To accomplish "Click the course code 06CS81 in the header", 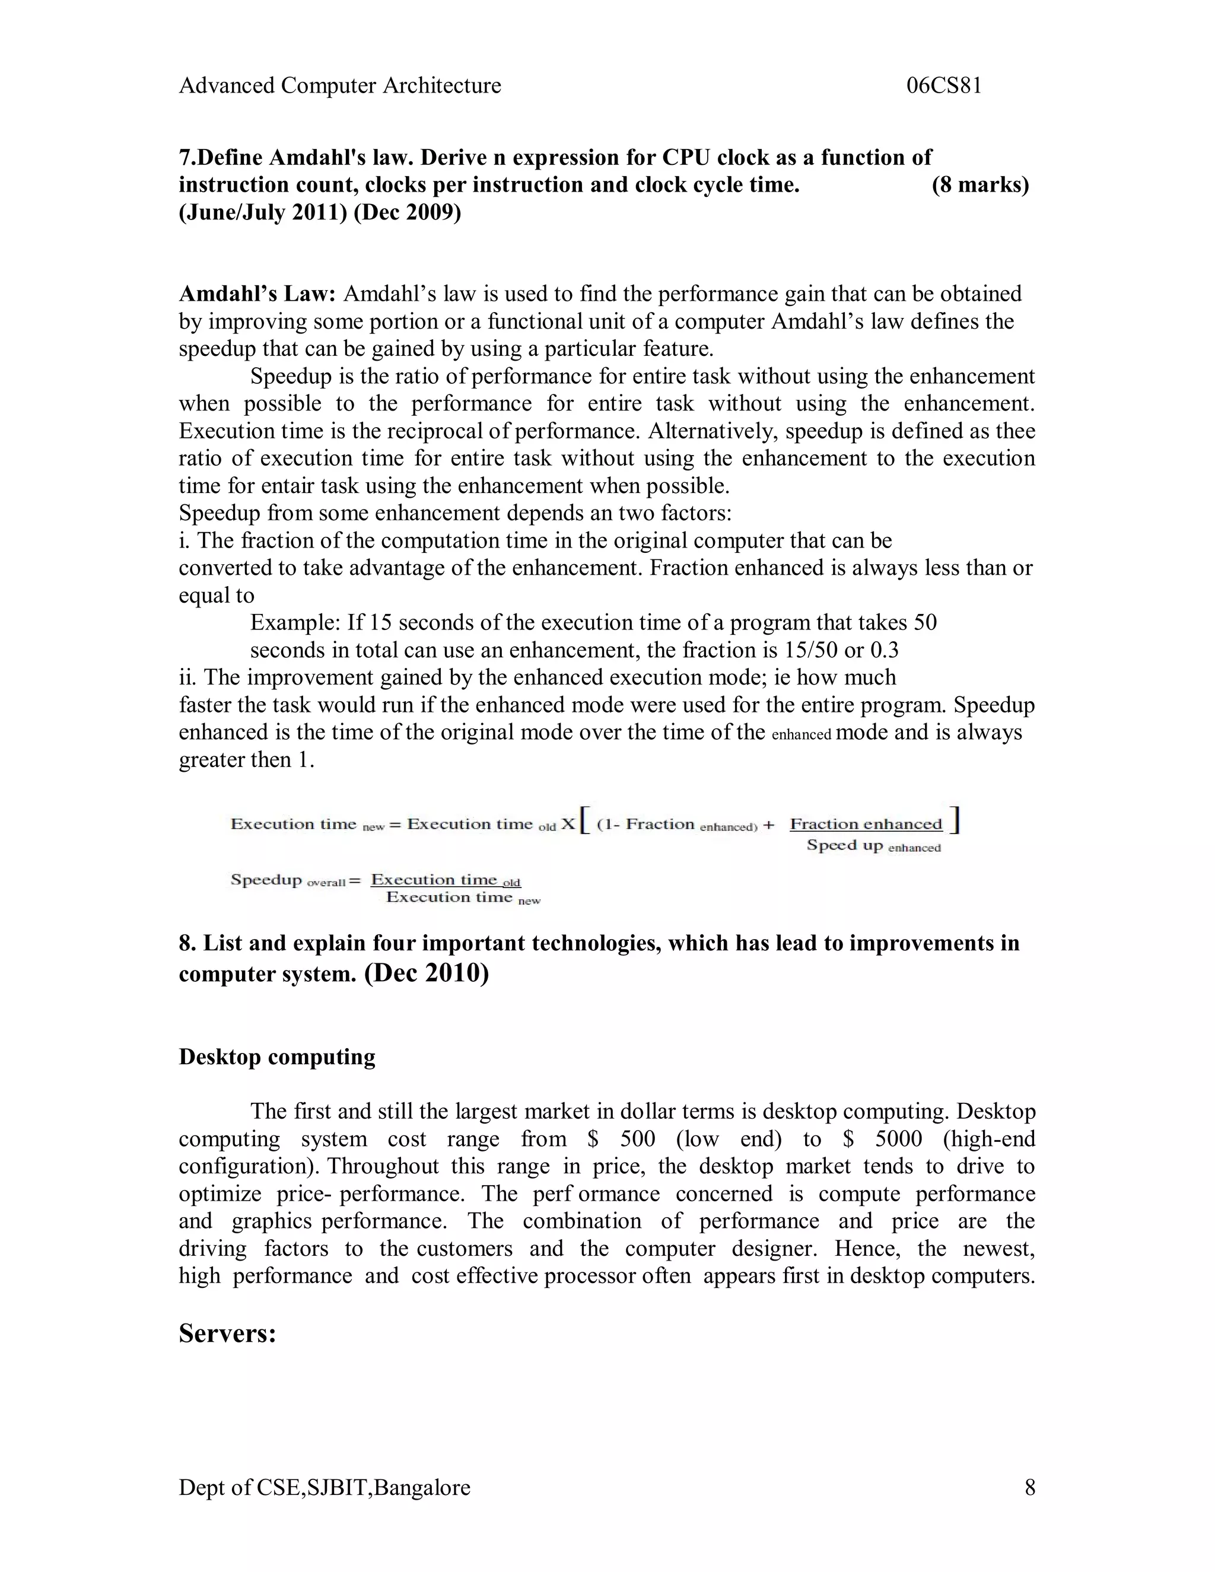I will pyautogui.click(x=944, y=85).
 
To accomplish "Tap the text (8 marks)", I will pyautogui.click(x=979, y=185).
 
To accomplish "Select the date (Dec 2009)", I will pyautogui.click(x=408, y=212).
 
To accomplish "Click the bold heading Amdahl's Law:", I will pyautogui.click(x=257, y=294).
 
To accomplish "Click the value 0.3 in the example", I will pyautogui.click(x=885, y=650).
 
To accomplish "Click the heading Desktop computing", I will pyautogui.click(x=277, y=1057).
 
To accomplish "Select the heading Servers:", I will pyautogui.click(x=227, y=1333).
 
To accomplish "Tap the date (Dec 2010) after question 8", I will pyautogui.click(x=427, y=972).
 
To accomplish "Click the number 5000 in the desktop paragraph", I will pyautogui.click(x=898, y=1139).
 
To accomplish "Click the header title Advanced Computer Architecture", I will pyautogui.click(x=340, y=85).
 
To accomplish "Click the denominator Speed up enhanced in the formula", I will pyautogui.click(x=873, y=846).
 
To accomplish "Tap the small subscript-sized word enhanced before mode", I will pyautogui.click(x=800, y=735).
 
